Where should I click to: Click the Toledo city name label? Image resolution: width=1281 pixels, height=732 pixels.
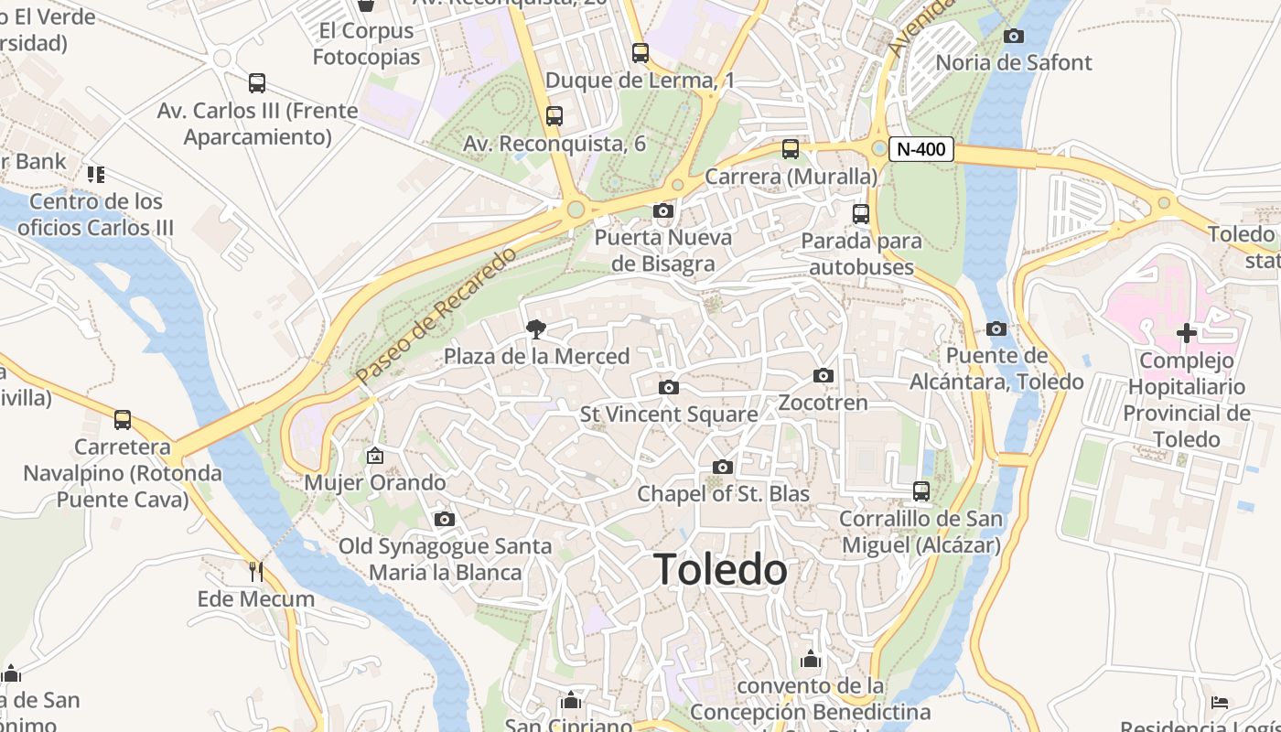pyautogui.click(x=720, y=570)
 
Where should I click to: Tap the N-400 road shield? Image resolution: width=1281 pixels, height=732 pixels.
pyautogui.click(x=920, y=149)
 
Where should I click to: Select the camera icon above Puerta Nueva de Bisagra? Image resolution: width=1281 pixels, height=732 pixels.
pyautogui.click(x=663, y=211)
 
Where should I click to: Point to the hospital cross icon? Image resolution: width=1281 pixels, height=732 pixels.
pyautogui.click(x=1186, y=333)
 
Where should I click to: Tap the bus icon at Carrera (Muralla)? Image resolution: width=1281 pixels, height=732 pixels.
pyautogui.click(x=791, y=149)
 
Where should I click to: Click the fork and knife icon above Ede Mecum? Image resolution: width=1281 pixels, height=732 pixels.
pyautogui.click(x=256, y=572)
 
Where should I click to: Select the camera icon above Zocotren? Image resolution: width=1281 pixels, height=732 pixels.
pyautogui.click(x=823, y=376)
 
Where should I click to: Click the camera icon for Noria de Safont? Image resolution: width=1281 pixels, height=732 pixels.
pyautogui.click(x=1014, y=37)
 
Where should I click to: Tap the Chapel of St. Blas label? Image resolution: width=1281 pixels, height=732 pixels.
pyautogui.click(x=723, y=494)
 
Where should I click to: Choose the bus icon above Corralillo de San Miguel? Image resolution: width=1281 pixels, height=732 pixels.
pyautogui.click(x=921, y=491)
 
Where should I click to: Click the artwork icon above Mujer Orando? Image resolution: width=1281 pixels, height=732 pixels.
pyautogui.click(x=375, y=456)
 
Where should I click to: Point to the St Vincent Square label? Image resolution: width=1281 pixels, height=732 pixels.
pyautogui.click(x=669, y=414)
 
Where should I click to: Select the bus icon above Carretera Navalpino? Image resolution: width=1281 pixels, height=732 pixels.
pyautogui.click(x=123, y=420)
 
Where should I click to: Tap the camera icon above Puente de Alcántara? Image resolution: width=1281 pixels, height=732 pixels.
pyautogui.click(x=996, y=329)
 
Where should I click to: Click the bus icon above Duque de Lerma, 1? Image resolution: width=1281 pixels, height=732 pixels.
pyautogui.click(x=640, y=53)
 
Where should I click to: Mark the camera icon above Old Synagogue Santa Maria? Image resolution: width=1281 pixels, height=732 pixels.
pyautogui.click(x=445, y=520)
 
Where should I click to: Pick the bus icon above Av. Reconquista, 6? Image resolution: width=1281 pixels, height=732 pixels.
pyautogui.click(x=554, y=116)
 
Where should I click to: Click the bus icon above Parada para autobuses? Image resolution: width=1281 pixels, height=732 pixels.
pyautogui.click(x=861, y=214)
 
